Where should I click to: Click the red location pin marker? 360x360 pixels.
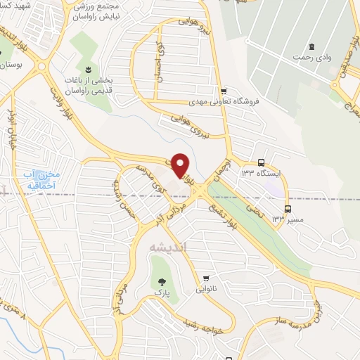pyautogui.click(x=181, y=165)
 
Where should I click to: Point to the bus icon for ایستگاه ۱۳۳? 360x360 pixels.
pyautogui.click(x=262, y=161)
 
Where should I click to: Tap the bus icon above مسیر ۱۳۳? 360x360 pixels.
pyautogui.click(x=288, y=209)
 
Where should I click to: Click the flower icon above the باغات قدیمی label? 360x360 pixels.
pyautogui.click(x=88, y=69)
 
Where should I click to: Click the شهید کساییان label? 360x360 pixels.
pyautogui.click(x=20, y=6)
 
